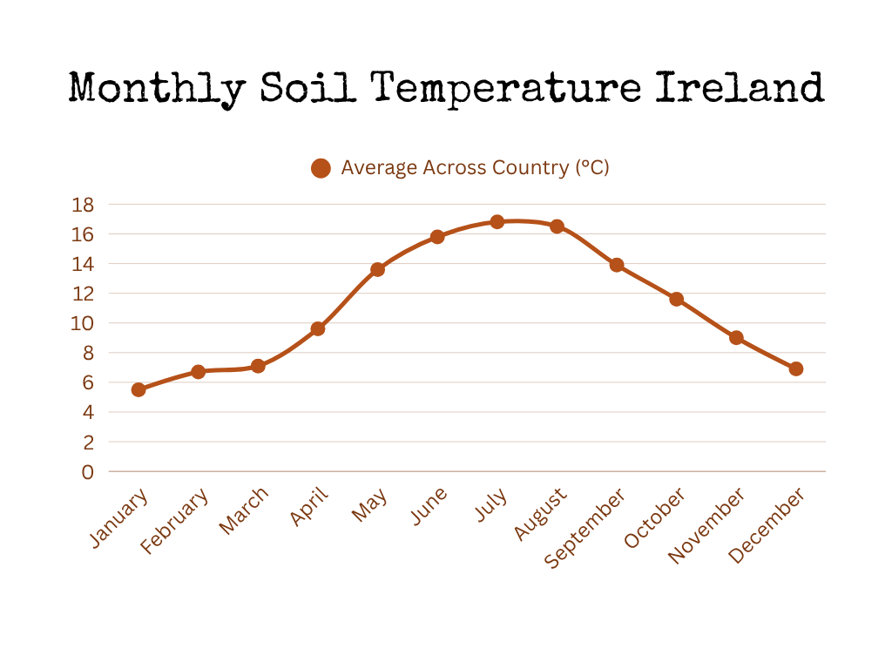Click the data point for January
tap(139, 389)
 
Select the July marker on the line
tap(497, 222)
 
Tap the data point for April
tap(318, 328)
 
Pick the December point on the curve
tap(796, 369)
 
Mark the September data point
tap(617, 265)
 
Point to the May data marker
tap(378, 270)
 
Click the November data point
tap(736, 338)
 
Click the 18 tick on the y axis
tap(83, 205)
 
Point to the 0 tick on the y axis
tap(88, 472)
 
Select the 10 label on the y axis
tap(82, 324)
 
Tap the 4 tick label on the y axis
tap(88, 412)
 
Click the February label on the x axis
tap(174, 521)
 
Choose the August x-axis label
tap(540, 514)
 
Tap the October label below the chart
tap(655, 517)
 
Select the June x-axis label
tap(429, 506)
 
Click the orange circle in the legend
tap(321, 168)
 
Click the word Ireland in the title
tap(740, 88)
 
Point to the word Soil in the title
tap(307, 88)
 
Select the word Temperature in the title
tap(506, 90)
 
